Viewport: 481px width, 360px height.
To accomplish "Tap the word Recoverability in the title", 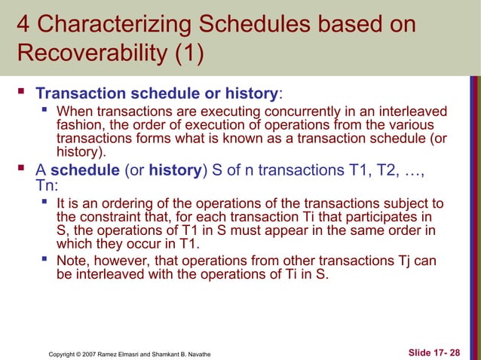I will pyautogui.click(x=96, y=56).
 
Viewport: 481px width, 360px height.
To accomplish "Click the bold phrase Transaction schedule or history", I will pyautogui.click(x=157, y=94).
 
